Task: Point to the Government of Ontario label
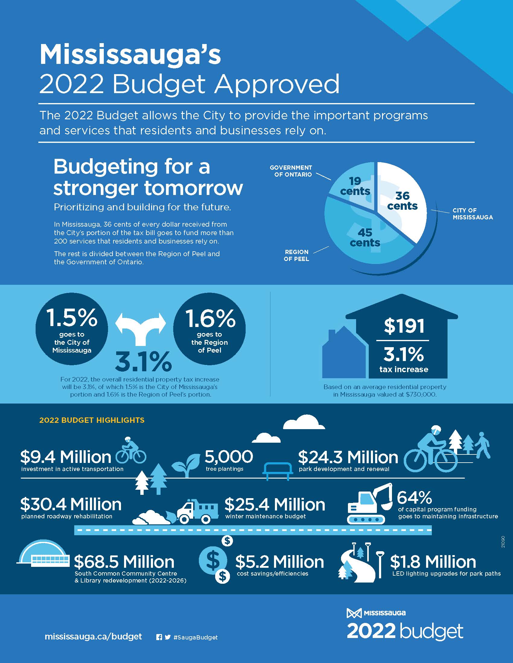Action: point(291,171)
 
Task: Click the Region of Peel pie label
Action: point(296,255)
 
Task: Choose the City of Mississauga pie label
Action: point(472,214)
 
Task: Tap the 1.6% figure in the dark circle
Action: point(210,318)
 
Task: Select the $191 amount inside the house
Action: point(404,326)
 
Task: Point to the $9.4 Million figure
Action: point(66,457)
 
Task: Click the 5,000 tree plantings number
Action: point(228,456)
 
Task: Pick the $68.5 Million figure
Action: point(124,562)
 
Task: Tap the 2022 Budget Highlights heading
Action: point(92,420)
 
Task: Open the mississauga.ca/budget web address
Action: point(93,636)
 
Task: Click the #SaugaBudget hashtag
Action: point(196,637)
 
